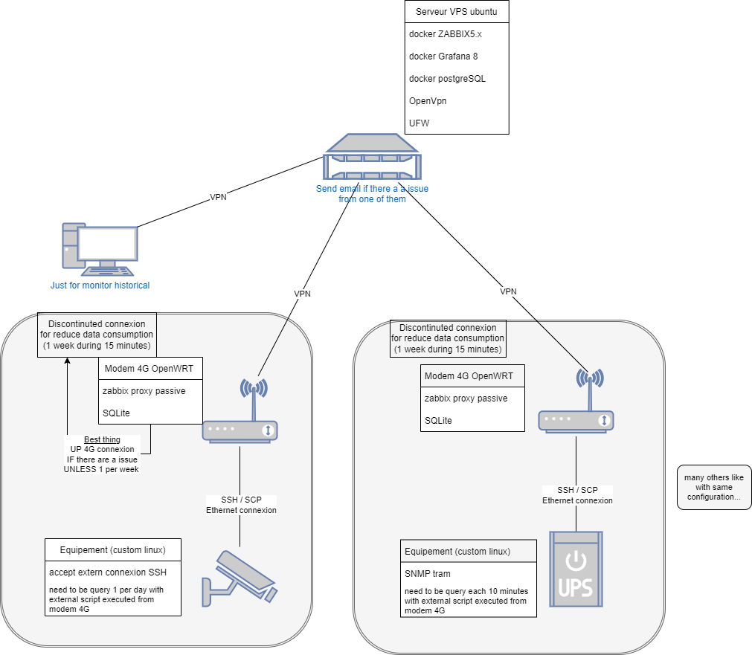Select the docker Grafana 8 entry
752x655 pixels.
coord(443,57)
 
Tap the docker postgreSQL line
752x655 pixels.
coord(447,79)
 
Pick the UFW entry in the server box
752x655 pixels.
coord(420,123)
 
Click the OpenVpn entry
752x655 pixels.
coord(428,100)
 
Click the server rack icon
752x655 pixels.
coord(372,158)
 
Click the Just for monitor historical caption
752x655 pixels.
coord(100,285)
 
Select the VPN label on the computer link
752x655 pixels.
coord(218,197)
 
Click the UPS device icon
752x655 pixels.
coord(576,569)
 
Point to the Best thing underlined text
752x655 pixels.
coord(103,439)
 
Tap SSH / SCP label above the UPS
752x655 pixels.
coord(577,490)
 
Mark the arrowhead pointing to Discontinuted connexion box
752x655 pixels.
coord(67,361)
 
